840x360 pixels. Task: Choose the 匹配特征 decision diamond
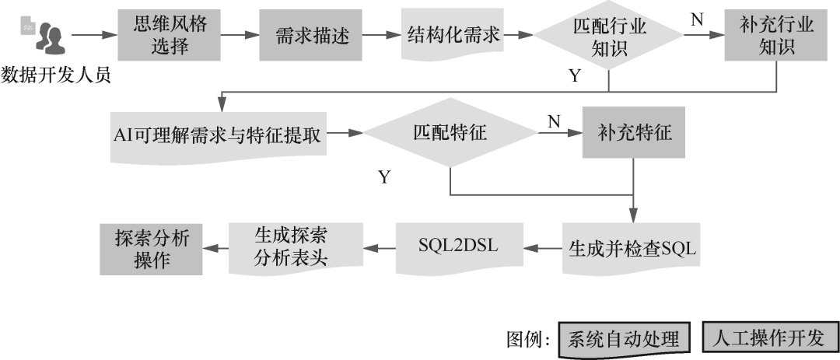(x=450, y=133)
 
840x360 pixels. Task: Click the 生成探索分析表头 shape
(x=296, y=247)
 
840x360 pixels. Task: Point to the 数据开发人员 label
(x=56, y=75)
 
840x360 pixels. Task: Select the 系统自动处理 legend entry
(x=618, y=339)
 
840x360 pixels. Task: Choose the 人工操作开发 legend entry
(x=770, y=338)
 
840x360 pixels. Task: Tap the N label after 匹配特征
(x=555, y=121)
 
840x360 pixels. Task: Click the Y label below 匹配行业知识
(x=575, y=75)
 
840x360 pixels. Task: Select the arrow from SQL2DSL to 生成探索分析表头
(x=380, y=248)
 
